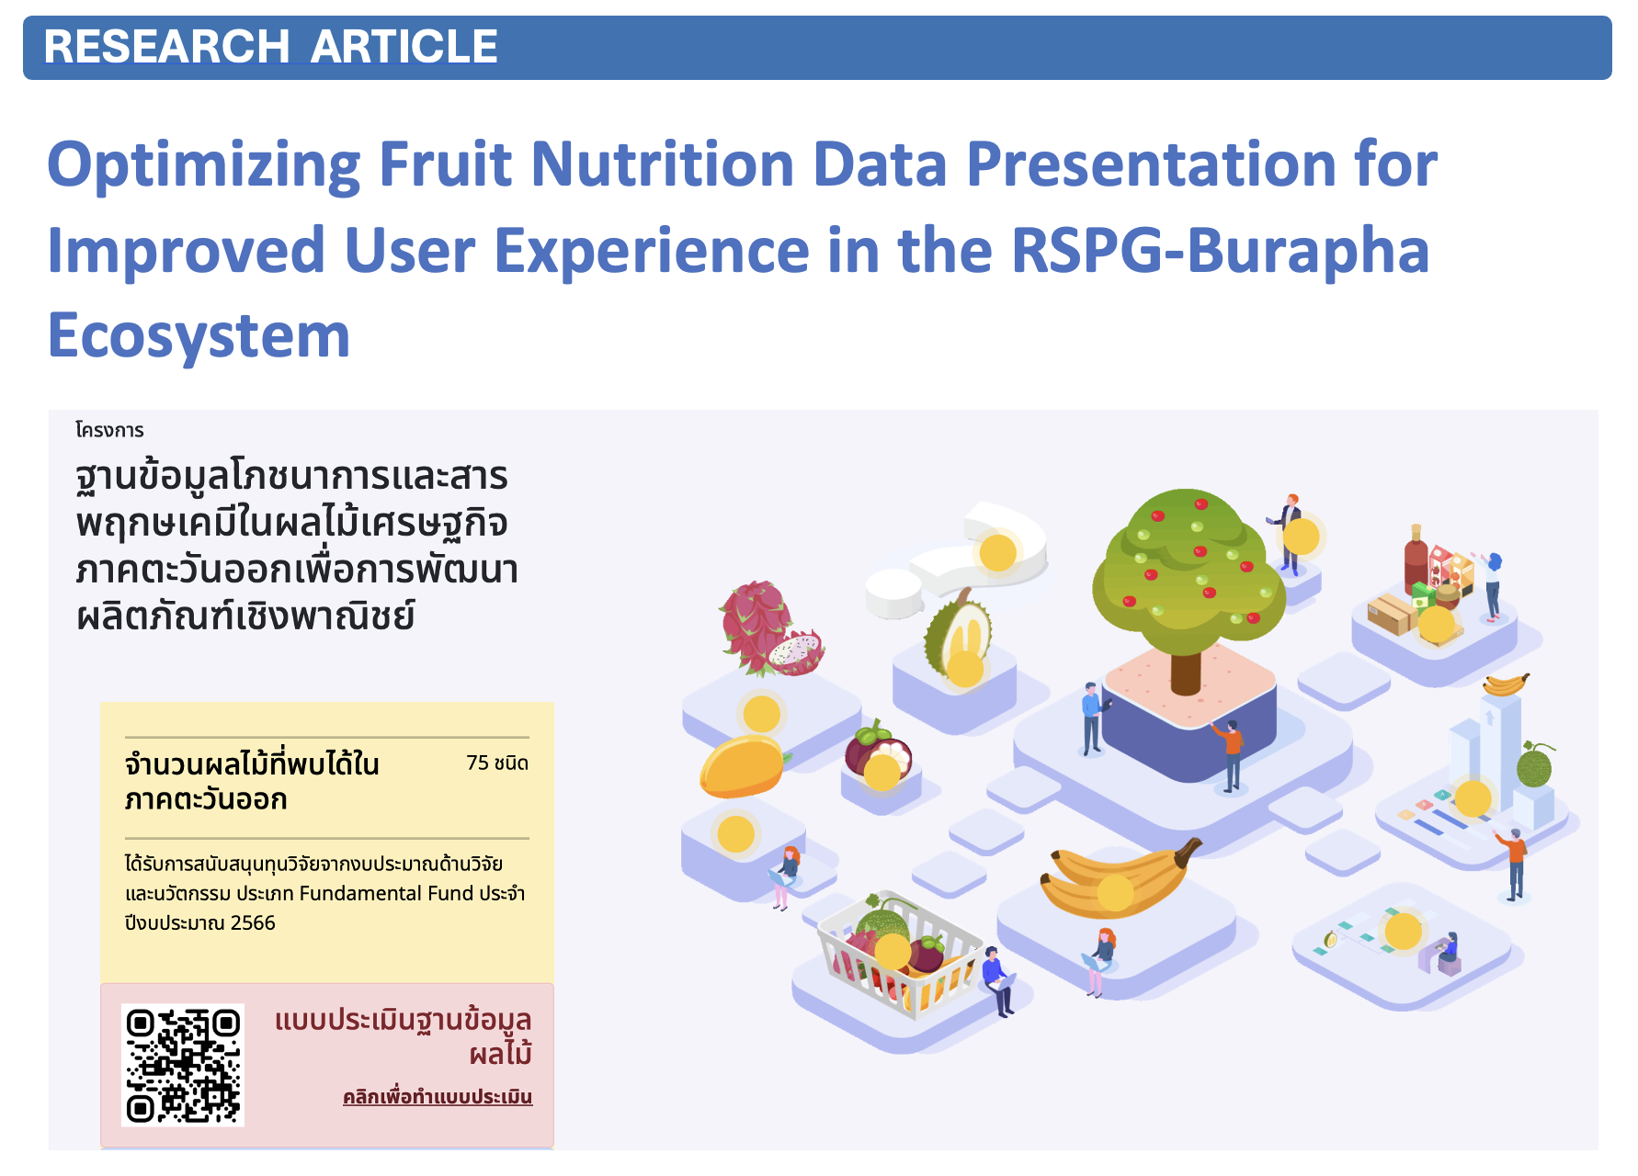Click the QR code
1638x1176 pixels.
[x=183, y=1064]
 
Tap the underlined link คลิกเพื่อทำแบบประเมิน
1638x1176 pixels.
[x=438, y=1097]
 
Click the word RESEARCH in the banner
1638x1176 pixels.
[x=166, y=47]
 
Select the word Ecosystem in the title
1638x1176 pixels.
[x=199, y=335]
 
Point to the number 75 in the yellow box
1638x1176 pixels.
[x=477, y=763]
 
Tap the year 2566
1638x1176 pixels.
[x=253, y=922]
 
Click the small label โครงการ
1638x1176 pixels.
[x=110, y=430]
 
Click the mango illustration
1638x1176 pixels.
[x=741, y=766]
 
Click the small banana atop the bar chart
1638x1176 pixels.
[x=1506, y=684]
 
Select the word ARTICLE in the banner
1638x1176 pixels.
[x=404, y=47]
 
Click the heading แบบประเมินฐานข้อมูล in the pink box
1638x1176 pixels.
[x=403, y=1021]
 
